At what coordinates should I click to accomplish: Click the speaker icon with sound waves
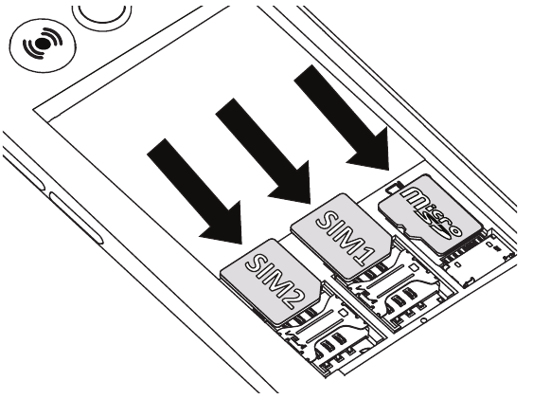(32, 46)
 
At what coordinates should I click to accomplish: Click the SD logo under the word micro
(436, 227)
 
